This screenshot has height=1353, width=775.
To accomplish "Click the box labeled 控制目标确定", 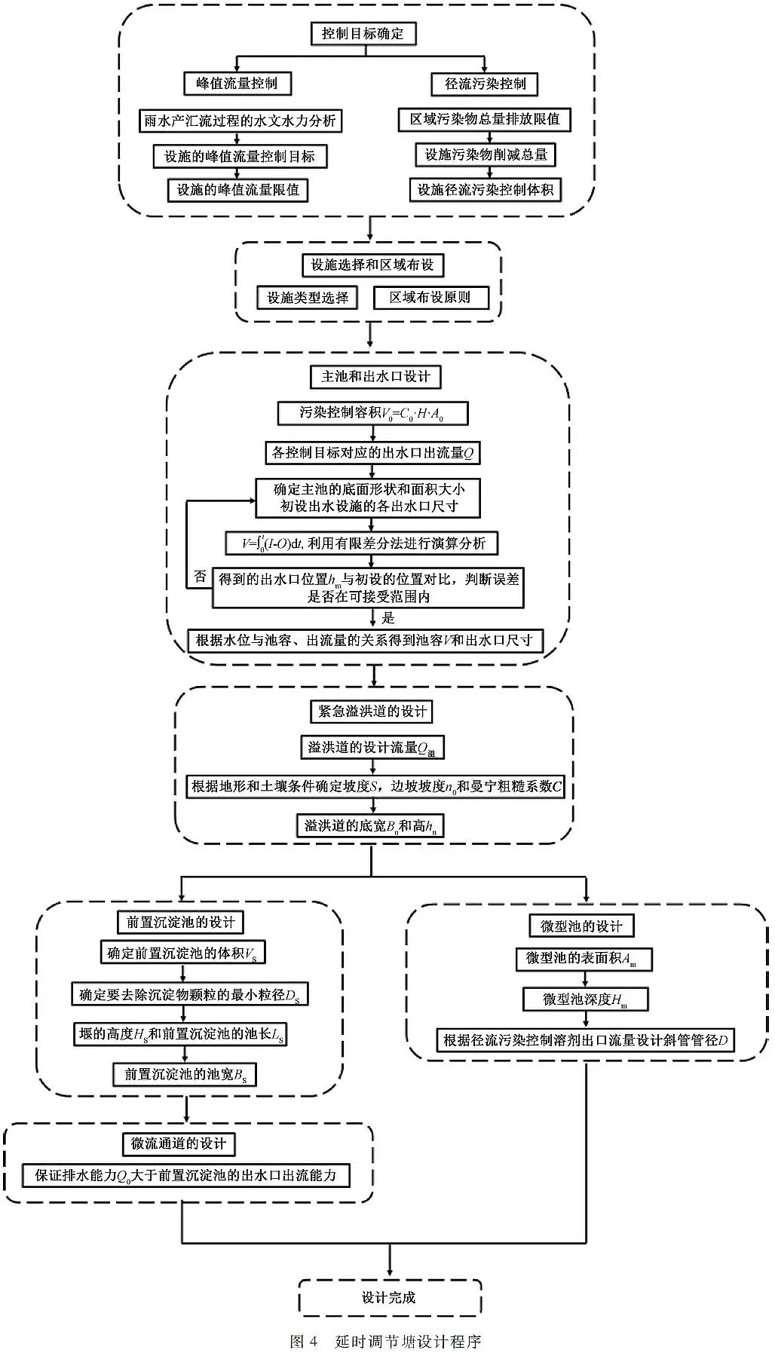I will pos(363,34).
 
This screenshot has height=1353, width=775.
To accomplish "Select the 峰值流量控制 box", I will pos(237,84).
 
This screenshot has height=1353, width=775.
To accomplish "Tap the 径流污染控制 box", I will pos(485,84).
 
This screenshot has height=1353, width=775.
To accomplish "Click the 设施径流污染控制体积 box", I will pos(486,190).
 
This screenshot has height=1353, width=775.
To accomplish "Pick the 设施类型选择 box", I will pos(308,298).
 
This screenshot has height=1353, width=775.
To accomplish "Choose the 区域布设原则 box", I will pos(430,298).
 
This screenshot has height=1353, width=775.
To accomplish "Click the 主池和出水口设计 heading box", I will pos(375,377).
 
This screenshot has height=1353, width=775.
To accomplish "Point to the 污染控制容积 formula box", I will pos(372,413).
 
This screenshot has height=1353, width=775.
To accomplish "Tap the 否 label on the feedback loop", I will pos(200,577).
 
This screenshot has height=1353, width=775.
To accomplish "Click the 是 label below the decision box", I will pos(388,618).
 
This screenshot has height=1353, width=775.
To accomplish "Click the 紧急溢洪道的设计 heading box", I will pos(372,712).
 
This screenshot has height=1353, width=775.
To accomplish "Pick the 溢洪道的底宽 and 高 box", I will pos(370,826).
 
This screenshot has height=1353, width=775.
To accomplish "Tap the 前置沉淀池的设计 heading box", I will pos(181,922).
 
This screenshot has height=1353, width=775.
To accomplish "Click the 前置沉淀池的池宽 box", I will pos(185,1074).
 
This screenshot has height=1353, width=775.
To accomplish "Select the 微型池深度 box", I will pos(585,999).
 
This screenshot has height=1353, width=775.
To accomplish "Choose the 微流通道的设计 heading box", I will pos(179,1143).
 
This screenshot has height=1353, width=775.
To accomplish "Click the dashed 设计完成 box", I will pos(389,1297).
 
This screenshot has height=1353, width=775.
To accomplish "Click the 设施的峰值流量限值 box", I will pos(237,190).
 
